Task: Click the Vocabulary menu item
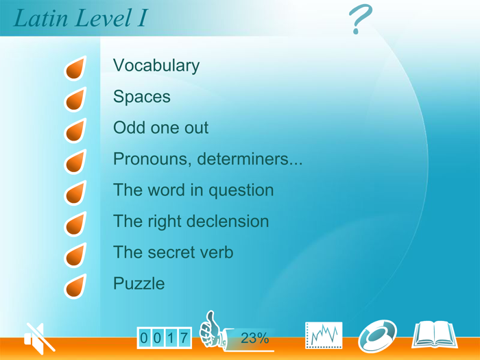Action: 156,66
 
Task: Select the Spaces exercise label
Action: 142,97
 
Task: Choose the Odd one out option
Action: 160,128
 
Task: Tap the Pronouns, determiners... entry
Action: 207,160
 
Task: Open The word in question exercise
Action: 193,191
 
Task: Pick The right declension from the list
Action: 191,221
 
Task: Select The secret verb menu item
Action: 173,252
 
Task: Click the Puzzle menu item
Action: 139,283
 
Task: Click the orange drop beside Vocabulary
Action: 75,69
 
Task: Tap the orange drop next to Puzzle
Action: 75,286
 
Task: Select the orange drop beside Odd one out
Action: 75,131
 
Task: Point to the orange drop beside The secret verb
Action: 75,255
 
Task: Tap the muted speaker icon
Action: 38,337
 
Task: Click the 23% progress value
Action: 254,338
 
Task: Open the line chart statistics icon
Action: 323,335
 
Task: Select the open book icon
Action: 434,335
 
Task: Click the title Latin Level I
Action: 80,19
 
